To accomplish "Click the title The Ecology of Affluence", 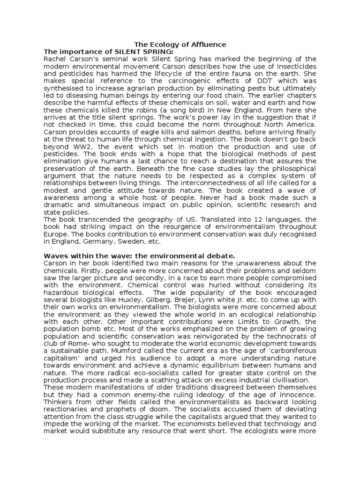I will (180, 45).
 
